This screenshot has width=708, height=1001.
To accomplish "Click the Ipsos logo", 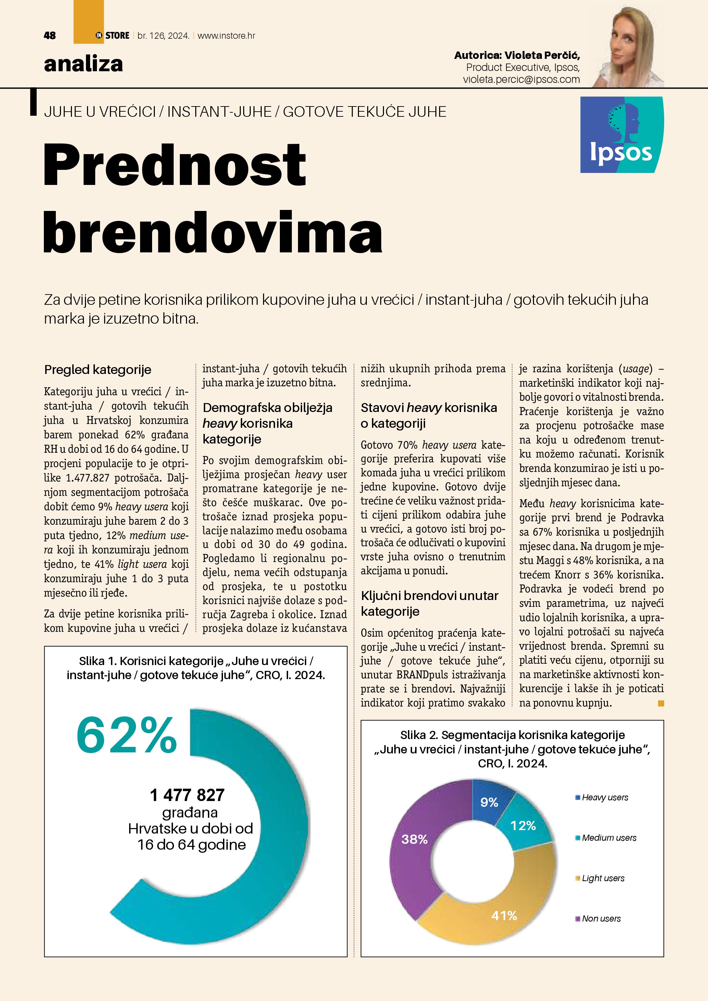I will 622,134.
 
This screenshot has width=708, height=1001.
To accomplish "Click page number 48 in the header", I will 50,36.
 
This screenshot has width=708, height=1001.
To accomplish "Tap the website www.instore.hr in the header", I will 226,36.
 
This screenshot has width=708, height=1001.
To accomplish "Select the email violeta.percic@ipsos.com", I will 521,79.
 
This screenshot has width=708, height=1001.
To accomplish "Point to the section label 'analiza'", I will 83,64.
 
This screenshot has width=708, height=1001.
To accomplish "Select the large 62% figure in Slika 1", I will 126,736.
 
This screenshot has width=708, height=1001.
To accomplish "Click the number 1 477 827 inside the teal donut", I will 187,795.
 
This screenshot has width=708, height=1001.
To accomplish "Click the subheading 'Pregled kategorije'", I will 98,370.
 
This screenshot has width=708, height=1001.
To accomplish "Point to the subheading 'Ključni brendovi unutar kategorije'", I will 430,603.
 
